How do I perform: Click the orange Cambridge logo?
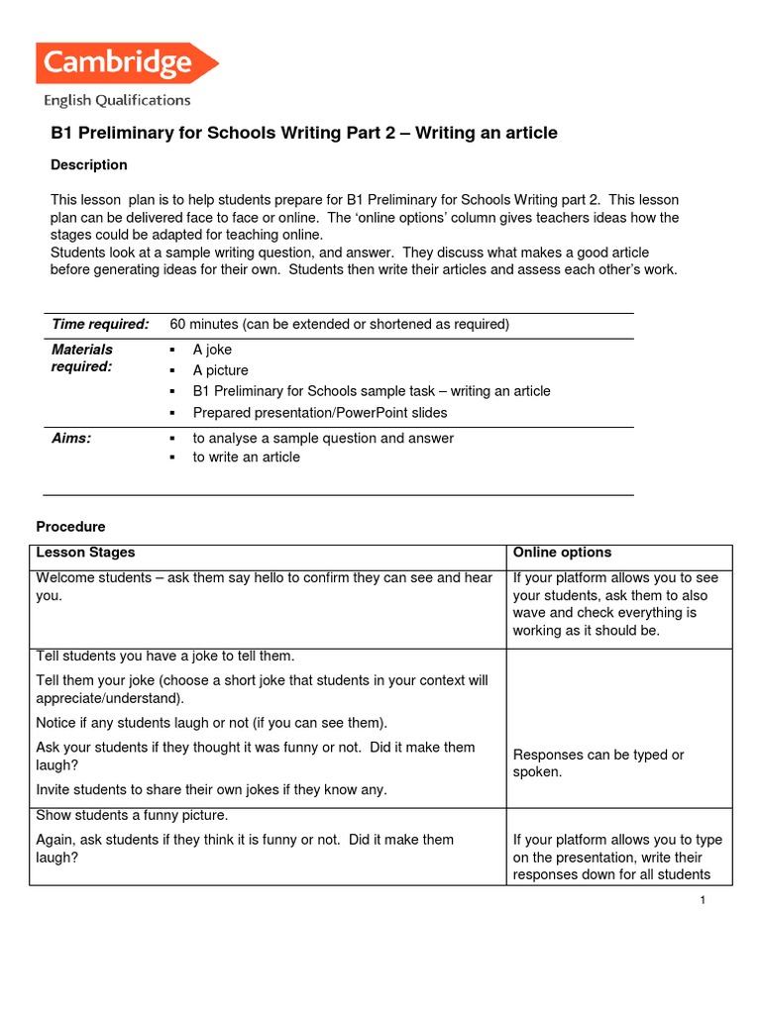pyautogui.click(x=126, y=64)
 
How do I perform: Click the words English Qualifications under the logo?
pyautogui.click(x=117, y=100)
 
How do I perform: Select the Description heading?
pyautogui.click(x=89, y=164)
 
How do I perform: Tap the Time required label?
pyautogui.click(x=100, y=325)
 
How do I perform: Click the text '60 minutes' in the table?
pyautogui.click(x=203, y=325)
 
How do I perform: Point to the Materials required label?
pyautogui.click(x=82, y=357)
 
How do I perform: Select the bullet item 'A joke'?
pyautogui.click(x=212, y=350)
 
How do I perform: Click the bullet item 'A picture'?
pyautogui.click(x=220, y=370)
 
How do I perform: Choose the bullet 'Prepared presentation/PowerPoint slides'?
pyautogui.click(x=320, y=412)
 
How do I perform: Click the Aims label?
pyautogui.click(x=71, y=438)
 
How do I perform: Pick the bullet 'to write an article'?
pyautogui.click(x=246, y=457)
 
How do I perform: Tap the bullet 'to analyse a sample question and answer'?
pyautogui.click(x=323, y=438)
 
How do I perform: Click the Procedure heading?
pyautogui.click(x=70, y=527)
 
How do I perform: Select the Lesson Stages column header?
pyautogui.click(x=85, y=553)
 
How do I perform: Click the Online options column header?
pyautogui.click(x=562, y=553)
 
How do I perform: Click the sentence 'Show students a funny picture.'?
pyautogui.click(x=132, y=815)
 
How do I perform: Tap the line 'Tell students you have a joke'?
pyautogui.click(x=165, y=656)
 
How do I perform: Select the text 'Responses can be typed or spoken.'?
pyautogui.click(x=598, y=762)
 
